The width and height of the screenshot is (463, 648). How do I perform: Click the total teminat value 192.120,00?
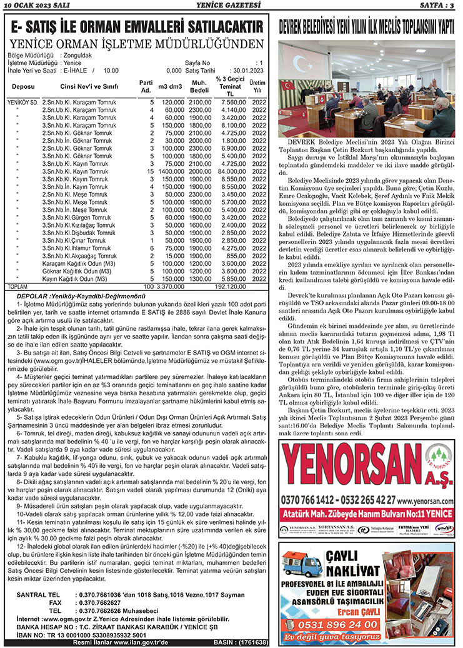pos(229,286)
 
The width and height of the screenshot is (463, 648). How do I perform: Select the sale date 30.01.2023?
pos(246,71)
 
